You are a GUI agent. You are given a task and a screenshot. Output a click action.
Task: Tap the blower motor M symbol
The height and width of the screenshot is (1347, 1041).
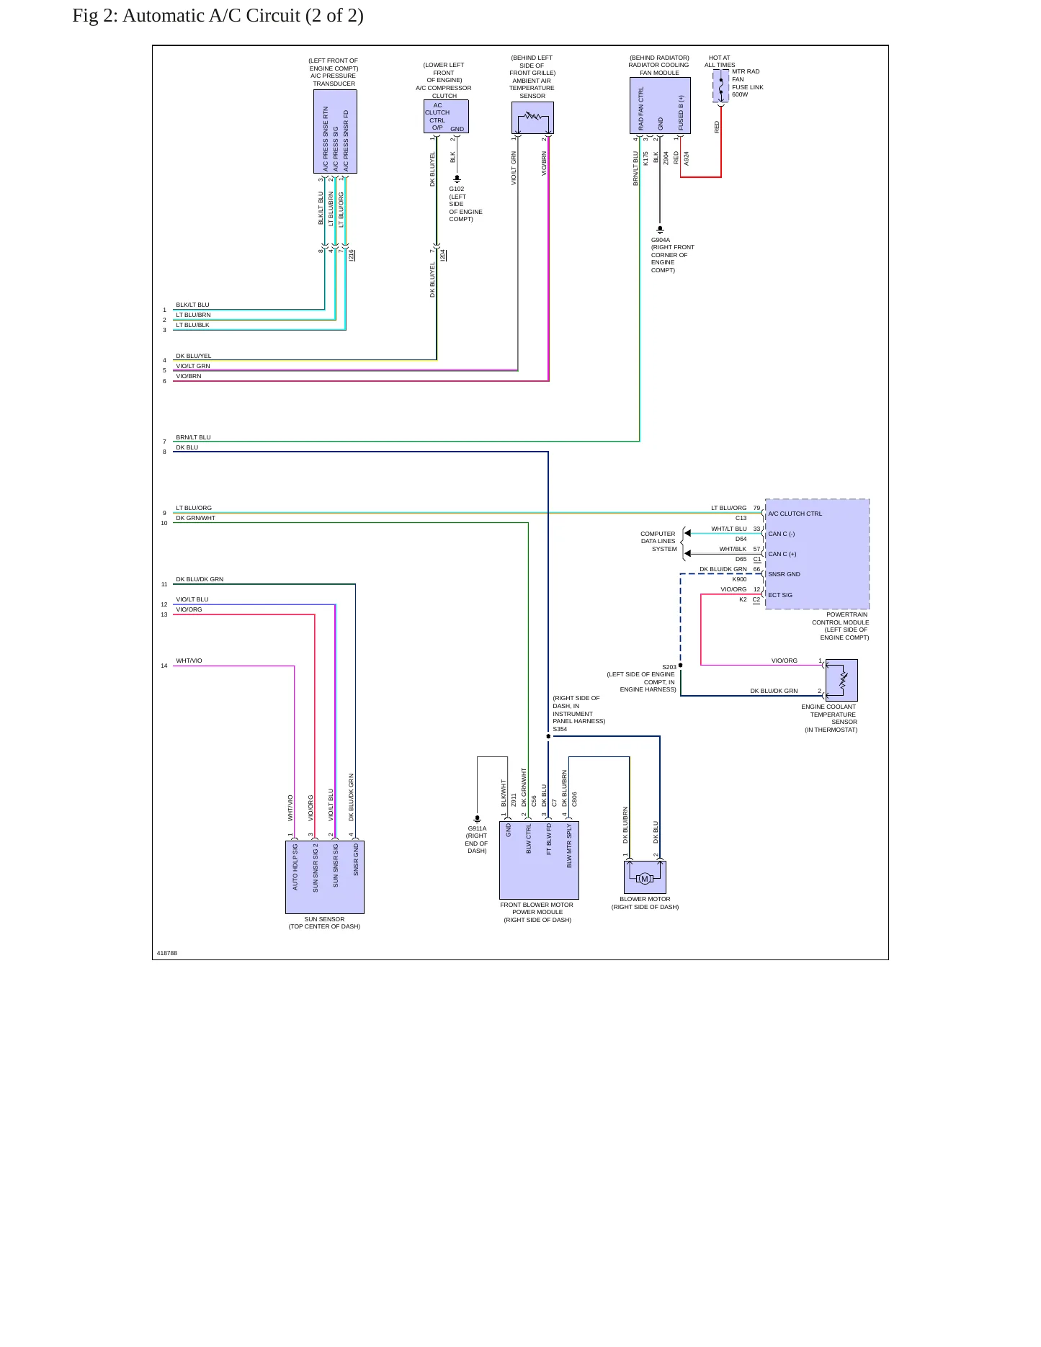coord(645,878)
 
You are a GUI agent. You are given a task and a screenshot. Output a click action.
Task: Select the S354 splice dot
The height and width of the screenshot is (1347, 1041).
coord(548,736)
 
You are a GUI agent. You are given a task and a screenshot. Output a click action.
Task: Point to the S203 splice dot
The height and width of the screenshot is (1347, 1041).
coord(680,666)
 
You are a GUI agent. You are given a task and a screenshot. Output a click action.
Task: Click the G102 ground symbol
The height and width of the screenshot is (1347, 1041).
coord(457,179)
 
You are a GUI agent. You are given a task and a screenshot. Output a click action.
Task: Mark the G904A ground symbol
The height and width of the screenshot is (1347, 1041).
coord(660,230)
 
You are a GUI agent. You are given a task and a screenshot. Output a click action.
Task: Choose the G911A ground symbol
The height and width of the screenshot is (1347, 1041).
coord(477,819)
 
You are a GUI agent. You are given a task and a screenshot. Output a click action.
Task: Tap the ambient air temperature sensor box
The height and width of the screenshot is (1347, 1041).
coord(532,117)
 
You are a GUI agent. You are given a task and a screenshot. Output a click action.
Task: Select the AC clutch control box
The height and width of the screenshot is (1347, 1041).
coord(446,116)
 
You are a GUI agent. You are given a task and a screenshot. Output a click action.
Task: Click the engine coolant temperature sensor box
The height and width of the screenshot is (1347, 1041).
coord(841,680)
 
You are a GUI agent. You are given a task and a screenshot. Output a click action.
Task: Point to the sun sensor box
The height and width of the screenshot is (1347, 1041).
coord(325,877)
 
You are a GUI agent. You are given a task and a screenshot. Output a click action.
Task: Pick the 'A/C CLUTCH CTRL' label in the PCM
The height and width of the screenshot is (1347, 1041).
coord(795,514)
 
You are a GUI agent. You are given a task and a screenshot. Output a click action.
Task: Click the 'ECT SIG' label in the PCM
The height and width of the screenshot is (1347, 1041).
coord(780,595)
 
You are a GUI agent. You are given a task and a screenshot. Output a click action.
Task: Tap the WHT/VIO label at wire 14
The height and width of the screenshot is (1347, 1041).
coord(189,661)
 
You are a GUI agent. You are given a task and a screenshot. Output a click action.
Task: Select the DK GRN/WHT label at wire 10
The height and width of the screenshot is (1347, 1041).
coord(195,518)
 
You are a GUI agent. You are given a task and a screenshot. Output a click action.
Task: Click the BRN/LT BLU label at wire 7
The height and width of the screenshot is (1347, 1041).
coord(193,437)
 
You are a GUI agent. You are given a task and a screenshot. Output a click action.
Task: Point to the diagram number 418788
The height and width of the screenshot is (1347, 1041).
coord(167,953)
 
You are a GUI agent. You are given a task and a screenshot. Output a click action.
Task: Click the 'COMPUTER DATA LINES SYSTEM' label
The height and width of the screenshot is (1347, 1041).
coord(658,542)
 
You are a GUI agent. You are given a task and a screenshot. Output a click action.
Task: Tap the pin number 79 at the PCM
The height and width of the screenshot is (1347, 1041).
coord(756,508)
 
